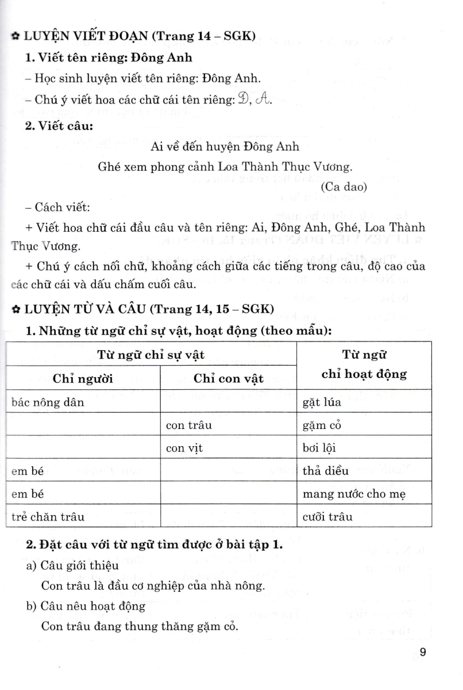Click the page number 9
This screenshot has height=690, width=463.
(423, 652)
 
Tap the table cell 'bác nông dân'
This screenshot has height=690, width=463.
(48, 402)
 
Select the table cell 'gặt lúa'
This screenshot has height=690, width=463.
(322, 402)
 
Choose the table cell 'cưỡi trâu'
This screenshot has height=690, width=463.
(326, 516)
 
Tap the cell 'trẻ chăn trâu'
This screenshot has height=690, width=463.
(48, 516)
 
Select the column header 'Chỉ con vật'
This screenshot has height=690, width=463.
(229, 378)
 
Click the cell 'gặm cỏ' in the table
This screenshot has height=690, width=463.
(323, 425)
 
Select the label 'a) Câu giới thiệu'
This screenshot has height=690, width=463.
(72, 566)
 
